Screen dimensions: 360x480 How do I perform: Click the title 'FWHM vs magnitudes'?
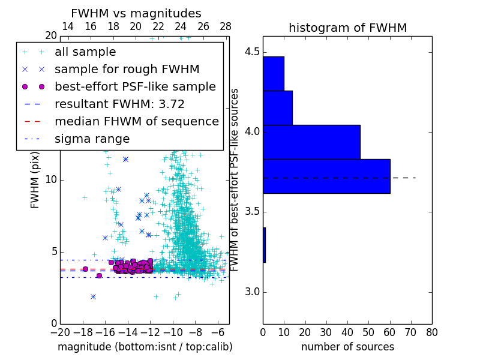[x=136, y=13]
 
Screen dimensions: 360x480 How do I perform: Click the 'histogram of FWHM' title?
[x=347, y=28]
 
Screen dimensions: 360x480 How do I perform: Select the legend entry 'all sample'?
[x=85, y=52]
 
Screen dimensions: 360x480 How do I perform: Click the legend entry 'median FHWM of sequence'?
[x=136, y=121]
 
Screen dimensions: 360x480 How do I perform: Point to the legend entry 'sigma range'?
[x=92, y=139]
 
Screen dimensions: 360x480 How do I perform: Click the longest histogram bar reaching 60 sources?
[x=326, y=176]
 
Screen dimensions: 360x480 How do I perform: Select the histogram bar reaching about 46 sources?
[x=311, y=142]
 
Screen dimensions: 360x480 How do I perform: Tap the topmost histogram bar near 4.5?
[x=273, y=73]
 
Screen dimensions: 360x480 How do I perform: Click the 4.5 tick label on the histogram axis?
[x=252, y=52]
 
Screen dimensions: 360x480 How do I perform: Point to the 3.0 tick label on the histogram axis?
[x=252, y=292]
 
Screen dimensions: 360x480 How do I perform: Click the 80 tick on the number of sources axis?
[x=431, y=332]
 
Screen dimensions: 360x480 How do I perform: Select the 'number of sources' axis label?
[x=347, y=347]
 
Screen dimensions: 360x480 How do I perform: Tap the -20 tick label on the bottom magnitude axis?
[x=60, y=332]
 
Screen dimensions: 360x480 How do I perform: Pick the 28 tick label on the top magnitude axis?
[x=226, y=26]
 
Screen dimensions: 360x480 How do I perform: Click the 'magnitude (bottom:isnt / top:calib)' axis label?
[x=145, y=347]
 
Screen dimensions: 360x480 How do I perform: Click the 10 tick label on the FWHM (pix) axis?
[x=50, y=180]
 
